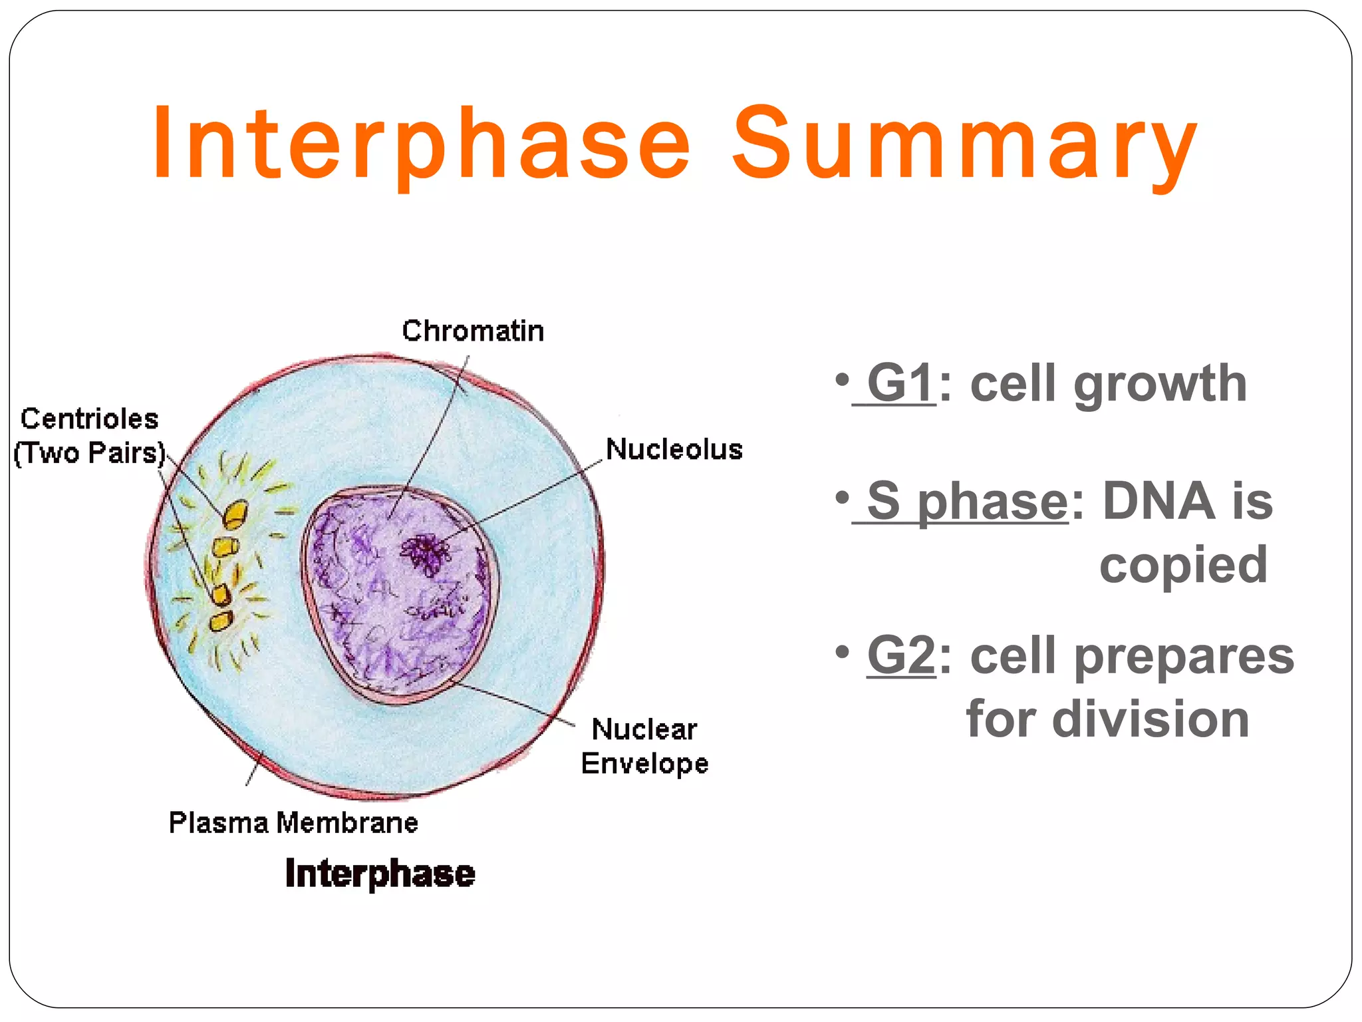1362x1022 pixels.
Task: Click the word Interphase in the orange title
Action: coord(422,143)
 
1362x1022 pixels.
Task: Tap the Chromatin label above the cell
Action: coord(473,331)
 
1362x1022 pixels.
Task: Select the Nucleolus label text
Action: coord(674,449)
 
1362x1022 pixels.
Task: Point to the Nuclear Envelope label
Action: coord(644,746)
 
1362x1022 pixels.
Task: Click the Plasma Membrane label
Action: coord(293,822)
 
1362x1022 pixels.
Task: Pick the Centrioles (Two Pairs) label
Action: coord(89,436)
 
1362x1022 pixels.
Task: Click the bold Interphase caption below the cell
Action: coord(380,873)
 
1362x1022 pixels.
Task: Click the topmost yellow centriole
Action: coord(234,514)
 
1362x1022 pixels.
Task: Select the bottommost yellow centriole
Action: coord(220,621)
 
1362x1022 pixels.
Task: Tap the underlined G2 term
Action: coord(901,656)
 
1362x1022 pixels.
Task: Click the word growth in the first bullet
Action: coord(1160,385)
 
